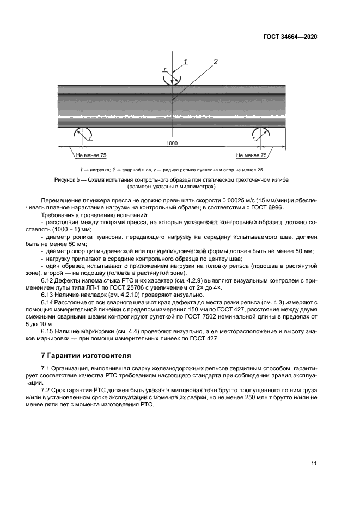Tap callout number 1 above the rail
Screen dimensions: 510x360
point(185,62)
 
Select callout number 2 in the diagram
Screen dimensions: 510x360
point(215,62)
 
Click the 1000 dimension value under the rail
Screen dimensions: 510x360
point(173,143)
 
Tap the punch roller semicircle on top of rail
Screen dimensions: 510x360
point(172,78)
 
